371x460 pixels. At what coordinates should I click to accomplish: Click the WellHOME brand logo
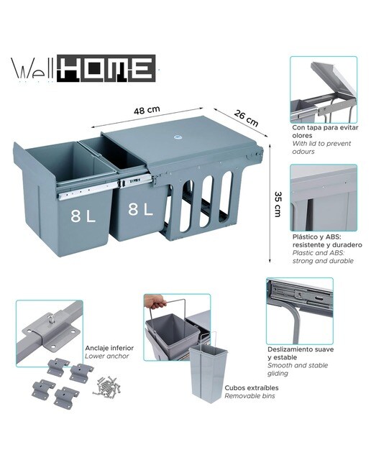pyautogui.click(x=83, y=68)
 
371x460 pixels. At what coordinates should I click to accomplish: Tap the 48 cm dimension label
pyautogui.click(x=147, y=110)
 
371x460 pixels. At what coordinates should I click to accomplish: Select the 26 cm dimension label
pyautogui.click(x=246, y=118)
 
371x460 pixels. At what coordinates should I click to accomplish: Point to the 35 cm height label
pyautogui.click(x=278, y=204)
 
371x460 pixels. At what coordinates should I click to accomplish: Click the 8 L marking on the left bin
pyautogui.click(x=83, y=216)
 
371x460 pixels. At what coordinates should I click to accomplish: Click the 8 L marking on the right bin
pyautogui.click(x=141, y=209)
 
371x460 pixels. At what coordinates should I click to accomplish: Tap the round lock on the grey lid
pyautogui.click(x=178, y=137)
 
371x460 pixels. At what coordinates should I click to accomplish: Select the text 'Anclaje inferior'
pyautogui.click(x=109, y=348)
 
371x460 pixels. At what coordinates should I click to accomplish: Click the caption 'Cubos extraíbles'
pyautogui.click(x=252, y=388)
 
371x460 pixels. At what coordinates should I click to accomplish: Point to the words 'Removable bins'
pyautogui.click(x=249, y=396)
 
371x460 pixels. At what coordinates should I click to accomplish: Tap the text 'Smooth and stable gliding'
pyautogui.click(x=298, y=369)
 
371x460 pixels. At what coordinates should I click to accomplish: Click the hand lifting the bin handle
pyautogui.click(x=155, y=302)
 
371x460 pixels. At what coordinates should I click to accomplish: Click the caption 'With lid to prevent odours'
pyautogui.click(x=321, y=147)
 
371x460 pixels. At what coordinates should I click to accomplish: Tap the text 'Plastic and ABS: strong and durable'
pyautogui.click(x=323, y=257)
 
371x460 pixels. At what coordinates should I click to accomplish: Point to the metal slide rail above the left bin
pyautogui.click(x=88, y=190)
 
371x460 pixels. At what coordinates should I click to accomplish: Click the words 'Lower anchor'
pyautogui.click(x=107, y=356)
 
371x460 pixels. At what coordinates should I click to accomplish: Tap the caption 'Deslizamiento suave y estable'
pyautogui.click(x=301, y=353)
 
